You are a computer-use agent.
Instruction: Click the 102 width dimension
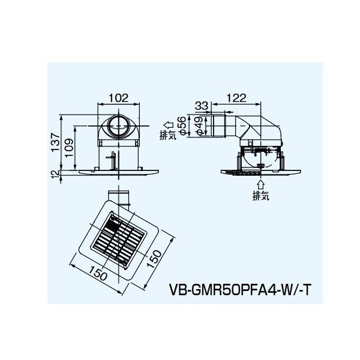pyautogui.click(x=118, y=98)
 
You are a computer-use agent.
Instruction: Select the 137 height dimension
pyautogui.click(x=55, y=142)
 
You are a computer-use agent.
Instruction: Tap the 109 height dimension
pyautogui.click(x=69, y=148)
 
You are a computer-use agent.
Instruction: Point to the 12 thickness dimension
pyautogui.click(x=56, y=175)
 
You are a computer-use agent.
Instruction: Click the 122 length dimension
pyautogui.click(x=236, y=98)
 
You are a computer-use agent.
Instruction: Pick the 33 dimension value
pyautogui.click(x=202, y=106)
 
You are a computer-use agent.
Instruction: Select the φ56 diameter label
pyautogui.click(x=181, y=126)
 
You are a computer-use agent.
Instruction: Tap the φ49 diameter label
pyautogui.click(x=199, y=126)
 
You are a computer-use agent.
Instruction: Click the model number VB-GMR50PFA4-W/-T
pyautogui.click(x=240, y=290)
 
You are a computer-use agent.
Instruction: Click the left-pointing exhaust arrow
pyautogui.click(x=168, y=125)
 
